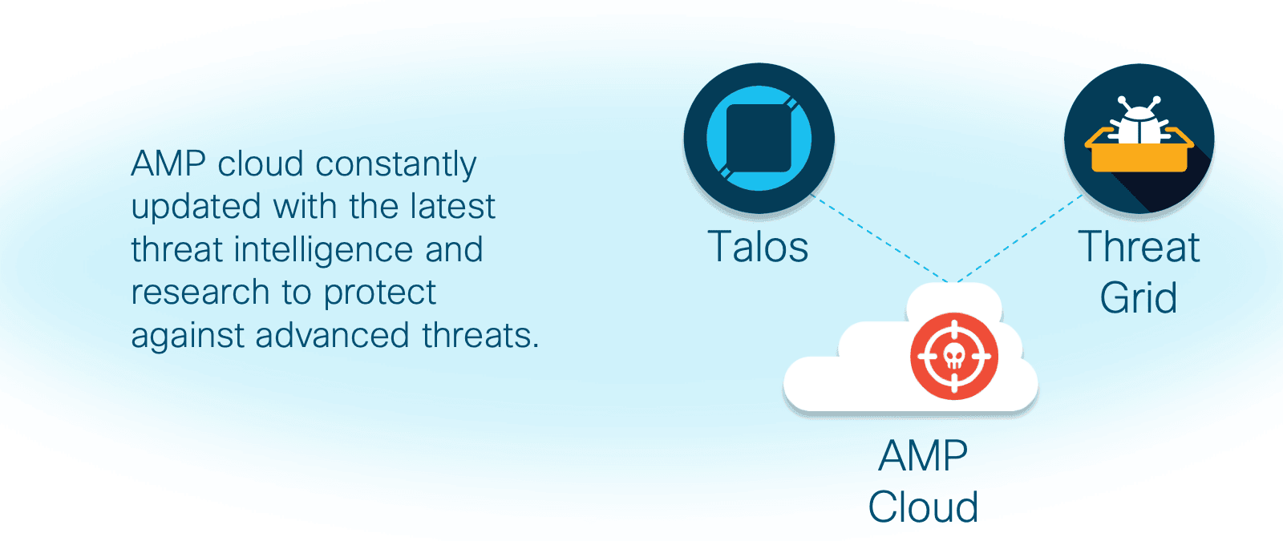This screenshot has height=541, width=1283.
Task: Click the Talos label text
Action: click(758, 247)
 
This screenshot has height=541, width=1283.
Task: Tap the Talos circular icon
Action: click(759, 138)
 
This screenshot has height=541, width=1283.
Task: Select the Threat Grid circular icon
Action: click(1139, 138)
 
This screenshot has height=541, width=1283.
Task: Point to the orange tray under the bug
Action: click(1139, 151)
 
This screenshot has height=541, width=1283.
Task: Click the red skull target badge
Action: click(954, 356)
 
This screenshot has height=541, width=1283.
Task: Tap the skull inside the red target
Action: click(954, 356)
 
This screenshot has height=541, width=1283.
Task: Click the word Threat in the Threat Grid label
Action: click(1139, 247)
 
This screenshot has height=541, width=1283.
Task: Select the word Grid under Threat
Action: click(1139, 297)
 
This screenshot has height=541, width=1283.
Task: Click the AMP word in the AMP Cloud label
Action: click(923, 456)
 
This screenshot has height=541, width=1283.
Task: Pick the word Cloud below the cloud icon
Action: click(923, 507)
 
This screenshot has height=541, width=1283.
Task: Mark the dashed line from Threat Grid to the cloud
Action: click(1019, 238)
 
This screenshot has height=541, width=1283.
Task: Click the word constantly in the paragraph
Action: click(396, 165)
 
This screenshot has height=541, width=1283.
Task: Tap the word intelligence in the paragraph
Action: click(324, 250)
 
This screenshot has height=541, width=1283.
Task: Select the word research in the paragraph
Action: click(200, 292)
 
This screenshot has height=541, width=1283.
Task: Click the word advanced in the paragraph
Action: click(332, 335)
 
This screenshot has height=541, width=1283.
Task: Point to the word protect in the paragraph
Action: click(380, 293)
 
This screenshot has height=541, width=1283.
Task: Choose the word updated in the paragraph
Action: click(196, 208)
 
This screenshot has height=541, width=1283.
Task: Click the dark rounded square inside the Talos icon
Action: click(759, 138)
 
